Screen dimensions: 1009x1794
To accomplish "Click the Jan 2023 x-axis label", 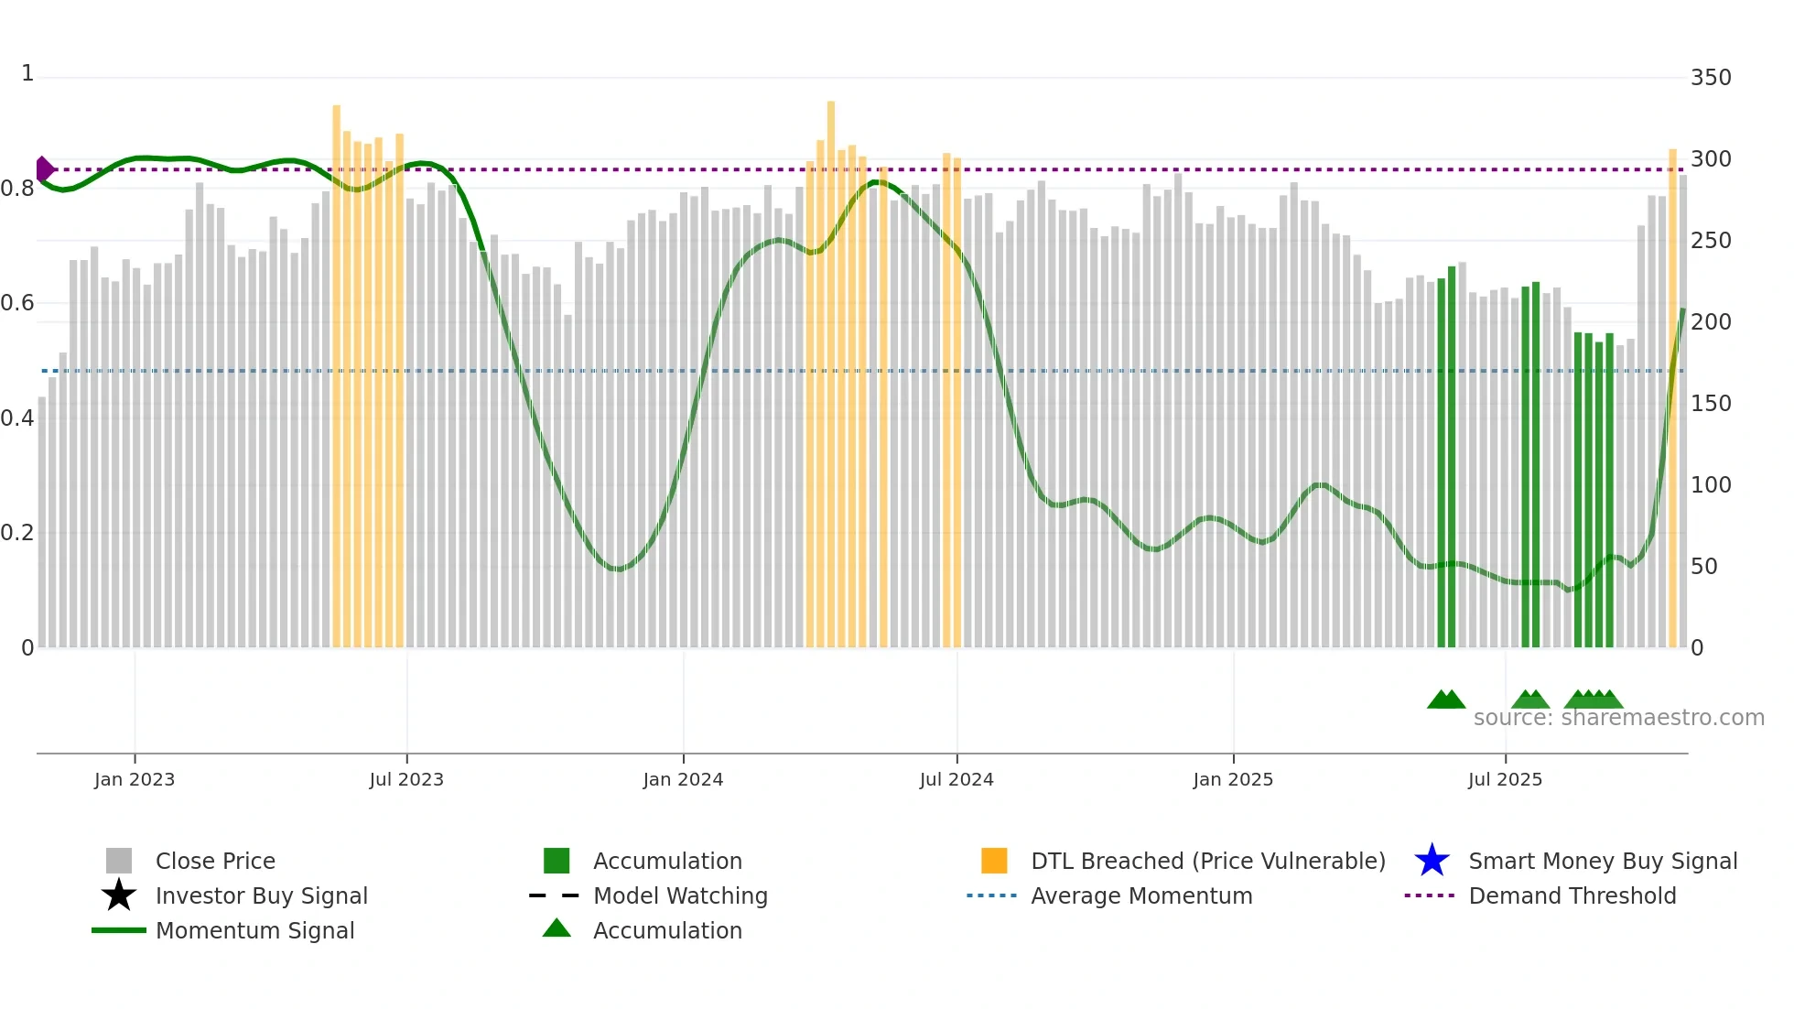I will tap(135, 779).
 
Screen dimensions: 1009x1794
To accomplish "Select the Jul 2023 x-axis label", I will tap(406, 779).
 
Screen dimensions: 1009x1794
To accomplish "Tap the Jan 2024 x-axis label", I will tap(683, 779).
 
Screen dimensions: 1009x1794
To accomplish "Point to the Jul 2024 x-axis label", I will tap(956, 779).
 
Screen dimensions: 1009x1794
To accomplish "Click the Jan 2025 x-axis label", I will tap(1233, 779).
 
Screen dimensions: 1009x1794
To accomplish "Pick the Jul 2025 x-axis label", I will tap(1505, 779).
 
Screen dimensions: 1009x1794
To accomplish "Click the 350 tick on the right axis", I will tap(1711, 78).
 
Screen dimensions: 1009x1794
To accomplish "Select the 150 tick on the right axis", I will tap(1711, 404).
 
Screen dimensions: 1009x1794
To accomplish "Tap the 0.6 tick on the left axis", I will tap(17, 303).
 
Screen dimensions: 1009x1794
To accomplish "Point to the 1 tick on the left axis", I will tap(27, 73).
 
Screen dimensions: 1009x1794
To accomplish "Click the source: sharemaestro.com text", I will tap(1618, 718).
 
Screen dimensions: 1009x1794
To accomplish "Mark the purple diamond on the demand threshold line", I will tap(44, 169).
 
